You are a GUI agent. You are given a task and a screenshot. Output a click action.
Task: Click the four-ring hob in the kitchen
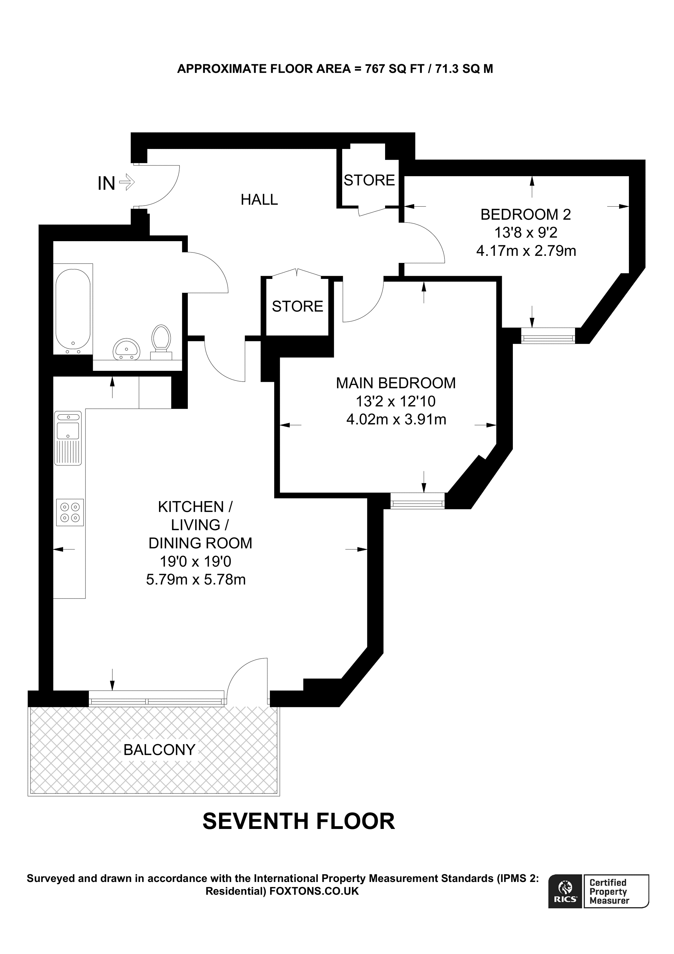tap(70, 512)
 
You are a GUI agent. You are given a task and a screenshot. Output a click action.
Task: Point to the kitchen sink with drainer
tap(68, 438)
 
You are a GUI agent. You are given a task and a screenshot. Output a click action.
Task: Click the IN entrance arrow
tap(127, 182)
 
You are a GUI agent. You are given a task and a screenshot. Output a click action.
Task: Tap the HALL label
tap(259, 200)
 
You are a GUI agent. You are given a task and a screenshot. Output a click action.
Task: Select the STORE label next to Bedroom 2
tap(369, 180)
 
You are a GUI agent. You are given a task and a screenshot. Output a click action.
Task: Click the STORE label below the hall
tap(297, 307)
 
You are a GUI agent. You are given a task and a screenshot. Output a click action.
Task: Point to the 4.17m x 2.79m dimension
tap(526, 251)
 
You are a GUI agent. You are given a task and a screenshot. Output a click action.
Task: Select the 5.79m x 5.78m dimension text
tap(195, 580)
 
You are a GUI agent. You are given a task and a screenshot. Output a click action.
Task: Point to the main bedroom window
tap(417, 501)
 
